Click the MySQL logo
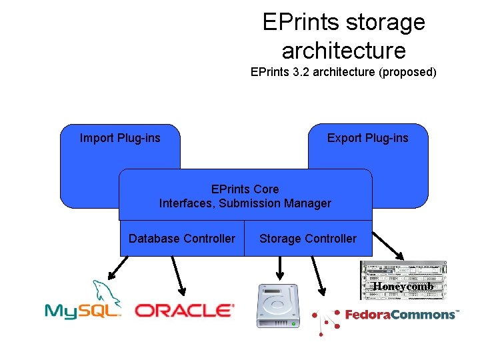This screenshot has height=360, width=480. pyautogui.click(x=82, y=303)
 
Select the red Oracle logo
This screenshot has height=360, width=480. pyautogui.click(x=185, y=310)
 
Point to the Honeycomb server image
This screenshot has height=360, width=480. pyautogui.click(x=403, y=280)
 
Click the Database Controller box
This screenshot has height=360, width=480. pyautogui.click(x=182, y=239)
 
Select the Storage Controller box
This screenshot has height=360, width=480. pyautogui.click(x=308, y=239)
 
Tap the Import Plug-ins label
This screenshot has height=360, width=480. pyautogui.click(x=120, y=138)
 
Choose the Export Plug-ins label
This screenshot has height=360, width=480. pyautogui.click(x=367, y=138)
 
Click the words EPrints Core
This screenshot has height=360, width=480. pyautogui.click(x=245, y=189)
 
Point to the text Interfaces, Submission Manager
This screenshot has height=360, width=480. pyautogui.click(x=245, y=203)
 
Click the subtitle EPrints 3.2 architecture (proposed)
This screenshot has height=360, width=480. pyautogui.click(x=343, y=72)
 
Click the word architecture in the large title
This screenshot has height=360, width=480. pyautogui.click(x=343, y=50)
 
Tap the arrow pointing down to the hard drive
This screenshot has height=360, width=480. pyautogui.click(x=279, y=268)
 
